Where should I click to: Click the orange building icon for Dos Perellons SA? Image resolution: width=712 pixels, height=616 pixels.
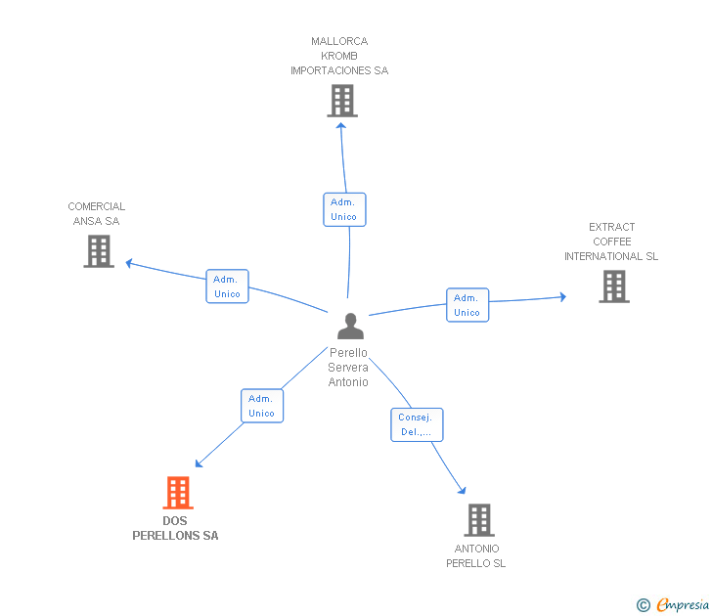(x=178, y=493)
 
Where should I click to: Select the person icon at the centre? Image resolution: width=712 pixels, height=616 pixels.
(x=350, y=326)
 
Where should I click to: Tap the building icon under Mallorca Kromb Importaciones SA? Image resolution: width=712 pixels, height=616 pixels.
(x=342, y=101)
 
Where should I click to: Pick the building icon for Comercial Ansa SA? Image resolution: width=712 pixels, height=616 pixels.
(x=99, y=251)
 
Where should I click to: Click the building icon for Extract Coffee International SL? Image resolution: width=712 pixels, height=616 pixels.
(x=614, y=286)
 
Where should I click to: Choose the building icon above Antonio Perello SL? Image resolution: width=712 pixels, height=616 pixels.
(x=479, y=520)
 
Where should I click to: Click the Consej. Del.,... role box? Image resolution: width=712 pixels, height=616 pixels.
(x=417, y=425)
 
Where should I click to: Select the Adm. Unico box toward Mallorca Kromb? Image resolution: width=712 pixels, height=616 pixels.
(x=344, y=209)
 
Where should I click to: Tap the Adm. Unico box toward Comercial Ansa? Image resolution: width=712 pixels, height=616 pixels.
(x=228, y=286)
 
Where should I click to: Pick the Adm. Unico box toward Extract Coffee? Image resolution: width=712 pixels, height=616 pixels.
(x=467, y=305)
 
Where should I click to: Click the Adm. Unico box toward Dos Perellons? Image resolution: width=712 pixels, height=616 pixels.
(x=262, y=406)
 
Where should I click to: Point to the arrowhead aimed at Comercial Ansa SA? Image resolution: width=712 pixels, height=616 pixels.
(x=129, y=263)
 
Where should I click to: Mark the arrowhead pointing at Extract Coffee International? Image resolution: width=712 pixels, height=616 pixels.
(x=563, y=297)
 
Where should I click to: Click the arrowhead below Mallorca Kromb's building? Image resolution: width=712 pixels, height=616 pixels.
(x=341, y=126)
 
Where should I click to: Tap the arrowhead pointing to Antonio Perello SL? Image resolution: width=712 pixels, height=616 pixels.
(x=463, y=490)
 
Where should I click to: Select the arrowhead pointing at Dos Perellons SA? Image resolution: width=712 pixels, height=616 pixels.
(x=199, y=463)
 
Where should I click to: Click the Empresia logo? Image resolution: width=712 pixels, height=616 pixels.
(x=673, y=604)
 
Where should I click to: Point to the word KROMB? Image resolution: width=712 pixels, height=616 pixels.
(x=339, y=56)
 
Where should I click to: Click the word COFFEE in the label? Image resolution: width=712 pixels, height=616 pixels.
(x=612, y=242)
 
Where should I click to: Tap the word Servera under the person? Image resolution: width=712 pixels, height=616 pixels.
(x=348, y=368)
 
